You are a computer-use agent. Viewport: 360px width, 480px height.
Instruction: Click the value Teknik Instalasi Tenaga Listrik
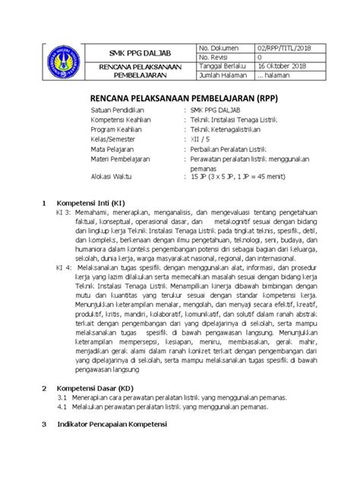click(x=237, y=121)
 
